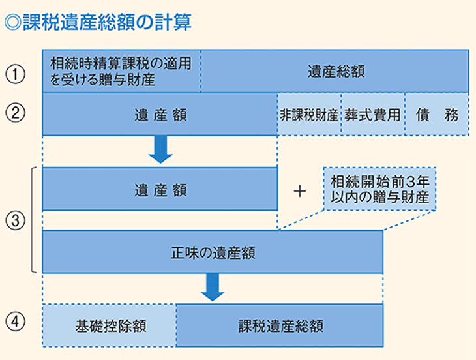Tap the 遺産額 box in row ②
pyautogui.click(x=160, y=114)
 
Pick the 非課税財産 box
pyautogui.click(x=309, y=114)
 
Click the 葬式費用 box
pyautogui.click(x=372, y=114)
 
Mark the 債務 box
pyautogui.click(x=436, y=114)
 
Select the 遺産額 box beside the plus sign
pyautogui.click(x=160, y=189)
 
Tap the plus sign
pyautogui.click(x=300, y=190)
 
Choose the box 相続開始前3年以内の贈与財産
pyautogui.click(x=380, y=188)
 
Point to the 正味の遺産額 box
pyautogui.click(x=212, y=252)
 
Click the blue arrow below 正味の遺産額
pyautogui.click(x=213, y=287)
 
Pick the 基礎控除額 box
pyautogui.click(x=110, y=323)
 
